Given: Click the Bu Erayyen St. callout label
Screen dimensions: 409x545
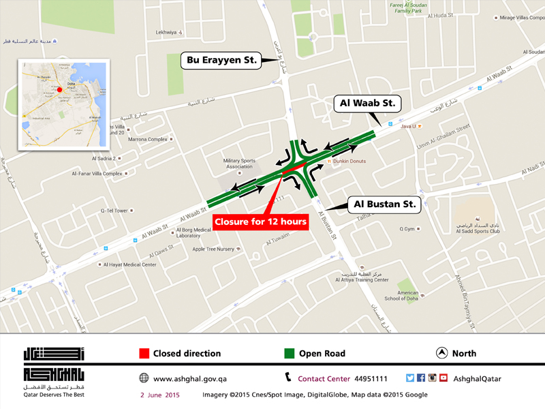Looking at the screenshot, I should pyautogui.click(x=221, y=60).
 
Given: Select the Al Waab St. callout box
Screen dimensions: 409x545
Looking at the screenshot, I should pyautogui.click(x=369, y=104).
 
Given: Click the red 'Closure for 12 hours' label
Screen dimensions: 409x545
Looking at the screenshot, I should pyautogui.click(x=261, y=222).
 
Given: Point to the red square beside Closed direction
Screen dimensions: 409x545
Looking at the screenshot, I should pyautogui.click(x=144, y=353).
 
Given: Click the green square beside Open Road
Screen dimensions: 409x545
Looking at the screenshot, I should pyautogui.click(x=289, y=353).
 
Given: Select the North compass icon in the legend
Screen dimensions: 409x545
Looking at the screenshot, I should pyautogui.click(x=441, y=353).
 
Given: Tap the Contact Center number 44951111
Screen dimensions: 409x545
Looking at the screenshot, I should pyautogui.click(x=371, y=378).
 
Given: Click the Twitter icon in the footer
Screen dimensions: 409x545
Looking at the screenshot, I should pyautogui.click(x=410, y=378).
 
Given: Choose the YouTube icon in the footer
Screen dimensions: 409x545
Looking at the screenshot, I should pyautogui.click(x=443, y=378).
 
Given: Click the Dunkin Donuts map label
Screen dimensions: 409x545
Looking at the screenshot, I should pyautogui.click(x=350, y=162).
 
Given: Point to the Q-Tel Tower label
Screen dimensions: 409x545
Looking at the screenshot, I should pyautogui.click(x=114, y=211).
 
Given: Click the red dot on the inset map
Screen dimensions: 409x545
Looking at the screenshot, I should pyautogui.click(x=59, y=89).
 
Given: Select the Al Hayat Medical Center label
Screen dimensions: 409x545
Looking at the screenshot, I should pyautogui.click(x=130, y=264).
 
